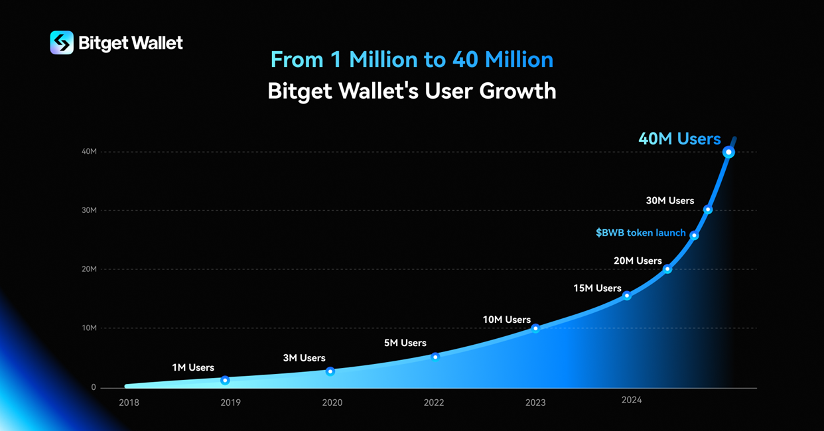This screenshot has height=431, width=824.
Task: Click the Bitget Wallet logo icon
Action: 62,43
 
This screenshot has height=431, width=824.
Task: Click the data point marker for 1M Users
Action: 226,381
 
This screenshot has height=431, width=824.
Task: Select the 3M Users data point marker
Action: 330,371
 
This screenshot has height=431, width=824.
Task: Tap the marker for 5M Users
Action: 435,357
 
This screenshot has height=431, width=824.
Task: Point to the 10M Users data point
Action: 535,328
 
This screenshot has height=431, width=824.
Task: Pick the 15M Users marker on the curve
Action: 627,296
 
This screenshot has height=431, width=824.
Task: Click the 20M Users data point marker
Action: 667,269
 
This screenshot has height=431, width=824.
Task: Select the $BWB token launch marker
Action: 694,235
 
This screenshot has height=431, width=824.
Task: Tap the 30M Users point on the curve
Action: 708,210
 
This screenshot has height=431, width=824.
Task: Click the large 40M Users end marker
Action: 728,153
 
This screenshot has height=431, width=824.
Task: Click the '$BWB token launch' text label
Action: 640,233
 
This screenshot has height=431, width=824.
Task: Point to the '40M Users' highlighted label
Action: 679,139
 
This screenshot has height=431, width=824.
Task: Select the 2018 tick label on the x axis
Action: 129,402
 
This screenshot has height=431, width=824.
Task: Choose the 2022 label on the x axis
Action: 434,402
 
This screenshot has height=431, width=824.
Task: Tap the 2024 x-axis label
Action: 632,400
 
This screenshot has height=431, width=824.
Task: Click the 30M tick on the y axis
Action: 89,210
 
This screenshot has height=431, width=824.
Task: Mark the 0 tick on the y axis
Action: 94,387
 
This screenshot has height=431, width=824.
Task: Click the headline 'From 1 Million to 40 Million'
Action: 411,60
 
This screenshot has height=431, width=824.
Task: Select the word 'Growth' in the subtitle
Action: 518,91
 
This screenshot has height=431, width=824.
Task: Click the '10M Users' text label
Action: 506,320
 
